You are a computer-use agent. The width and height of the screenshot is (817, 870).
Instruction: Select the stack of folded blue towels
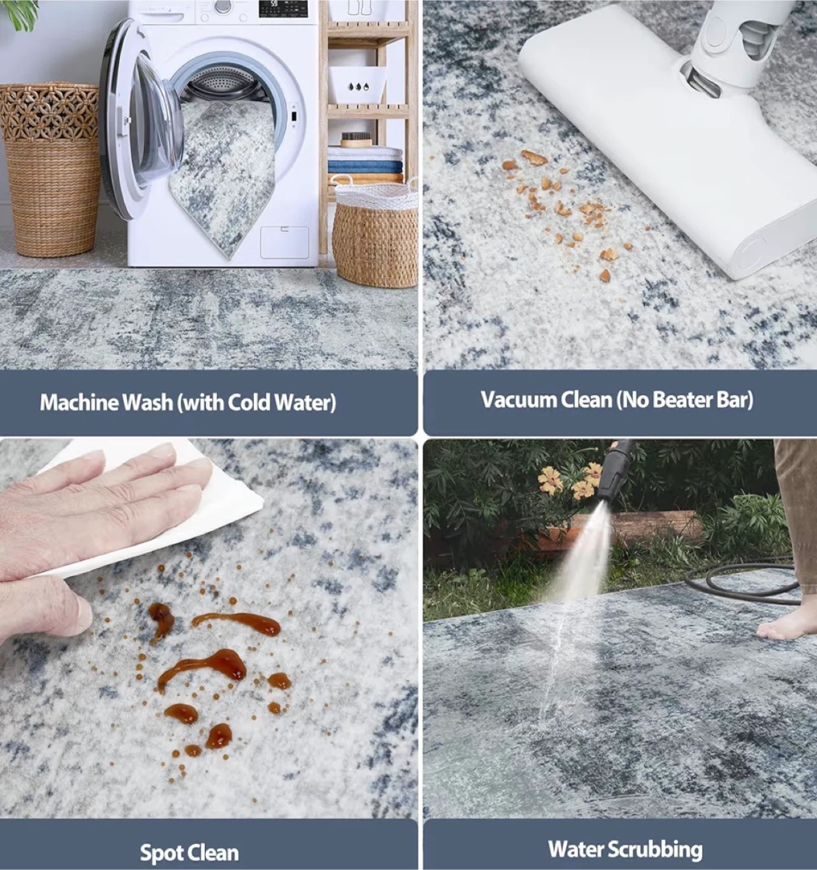365,167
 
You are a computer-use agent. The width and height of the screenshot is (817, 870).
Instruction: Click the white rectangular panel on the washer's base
284,242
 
